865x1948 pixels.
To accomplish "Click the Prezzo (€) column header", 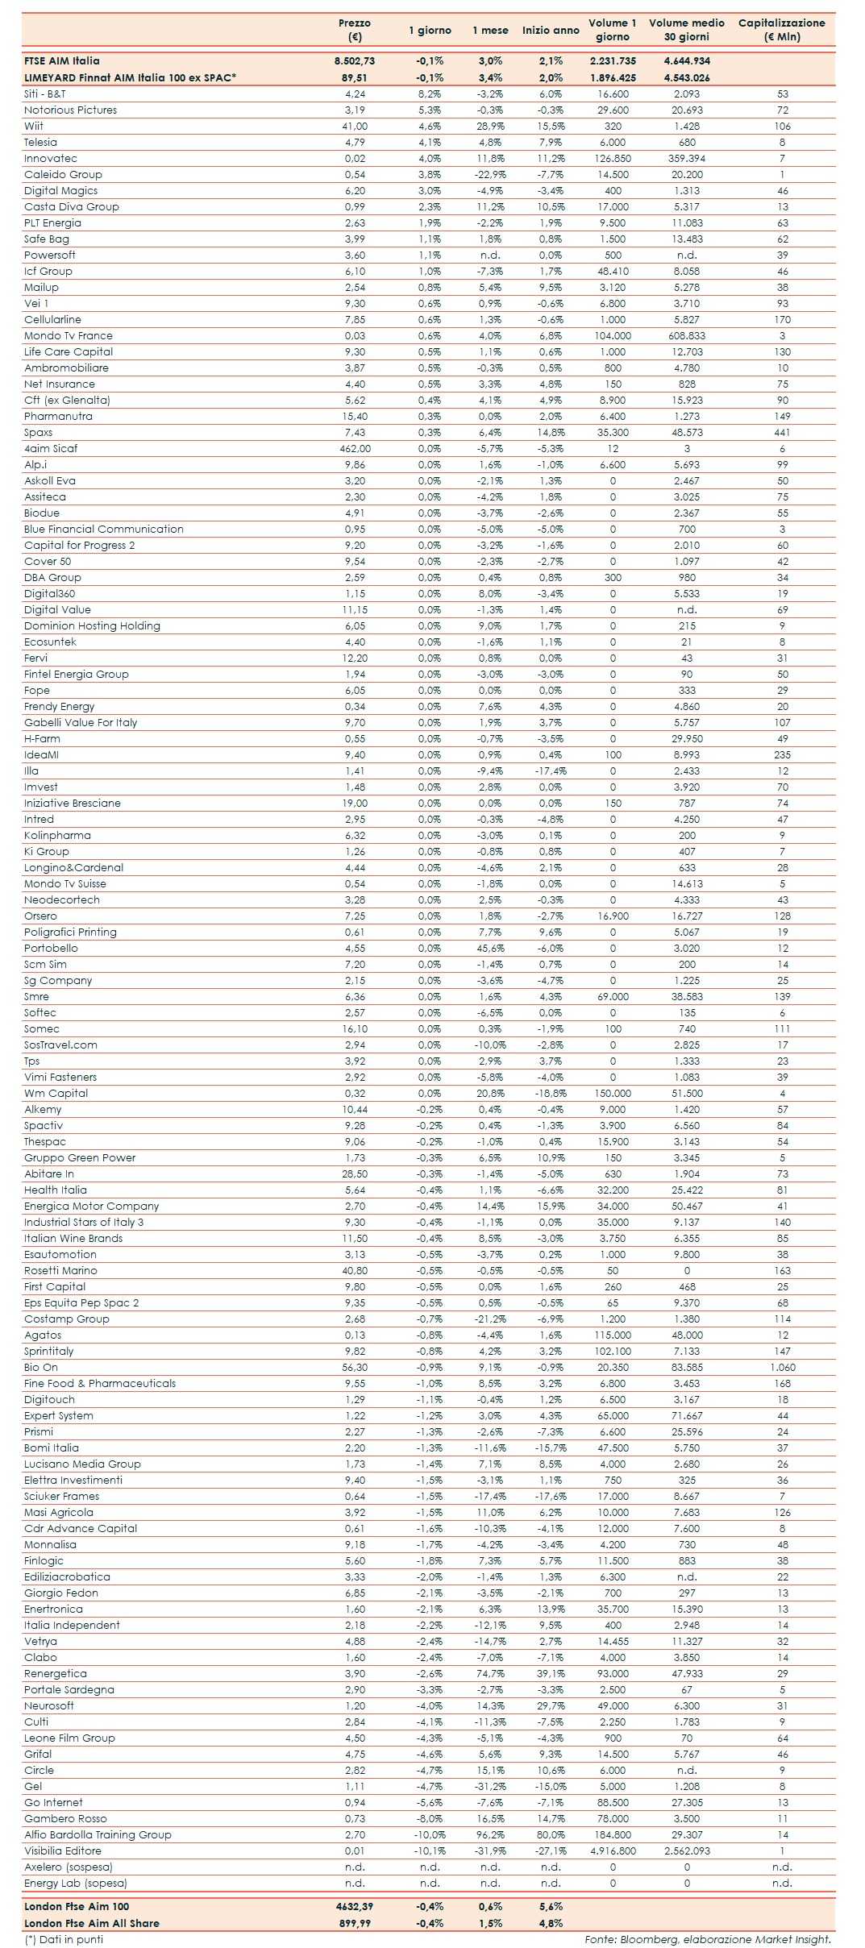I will [355, 30].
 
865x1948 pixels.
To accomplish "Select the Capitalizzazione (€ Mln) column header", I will [781, 30].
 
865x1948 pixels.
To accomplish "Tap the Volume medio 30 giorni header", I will [687, 30].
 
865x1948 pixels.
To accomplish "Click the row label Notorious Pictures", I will [70, 110].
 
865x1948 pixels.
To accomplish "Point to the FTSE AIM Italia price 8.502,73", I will [355, 60].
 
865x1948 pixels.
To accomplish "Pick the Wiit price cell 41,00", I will [355, 126].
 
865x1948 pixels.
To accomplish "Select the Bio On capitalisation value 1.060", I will [782, 1367].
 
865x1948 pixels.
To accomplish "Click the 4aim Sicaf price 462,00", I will [355, 448].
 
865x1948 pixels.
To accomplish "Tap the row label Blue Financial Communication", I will [104, 529].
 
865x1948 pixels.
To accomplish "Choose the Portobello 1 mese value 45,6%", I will [490, 948].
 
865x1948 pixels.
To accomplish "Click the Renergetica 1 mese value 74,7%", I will [490, 1673].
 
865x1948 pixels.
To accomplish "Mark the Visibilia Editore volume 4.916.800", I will [613, 1850].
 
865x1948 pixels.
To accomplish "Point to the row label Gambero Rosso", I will [65, 1818].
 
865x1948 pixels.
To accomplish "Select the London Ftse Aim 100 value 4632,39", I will [355, 1906].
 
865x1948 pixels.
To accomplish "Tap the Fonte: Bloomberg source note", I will [708, 1939].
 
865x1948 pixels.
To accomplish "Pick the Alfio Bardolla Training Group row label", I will [98, 1834].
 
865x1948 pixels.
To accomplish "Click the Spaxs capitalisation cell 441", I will [782, 432].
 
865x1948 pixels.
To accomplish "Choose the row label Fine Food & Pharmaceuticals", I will [100, 1383].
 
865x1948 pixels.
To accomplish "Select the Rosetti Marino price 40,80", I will [355, 1270].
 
